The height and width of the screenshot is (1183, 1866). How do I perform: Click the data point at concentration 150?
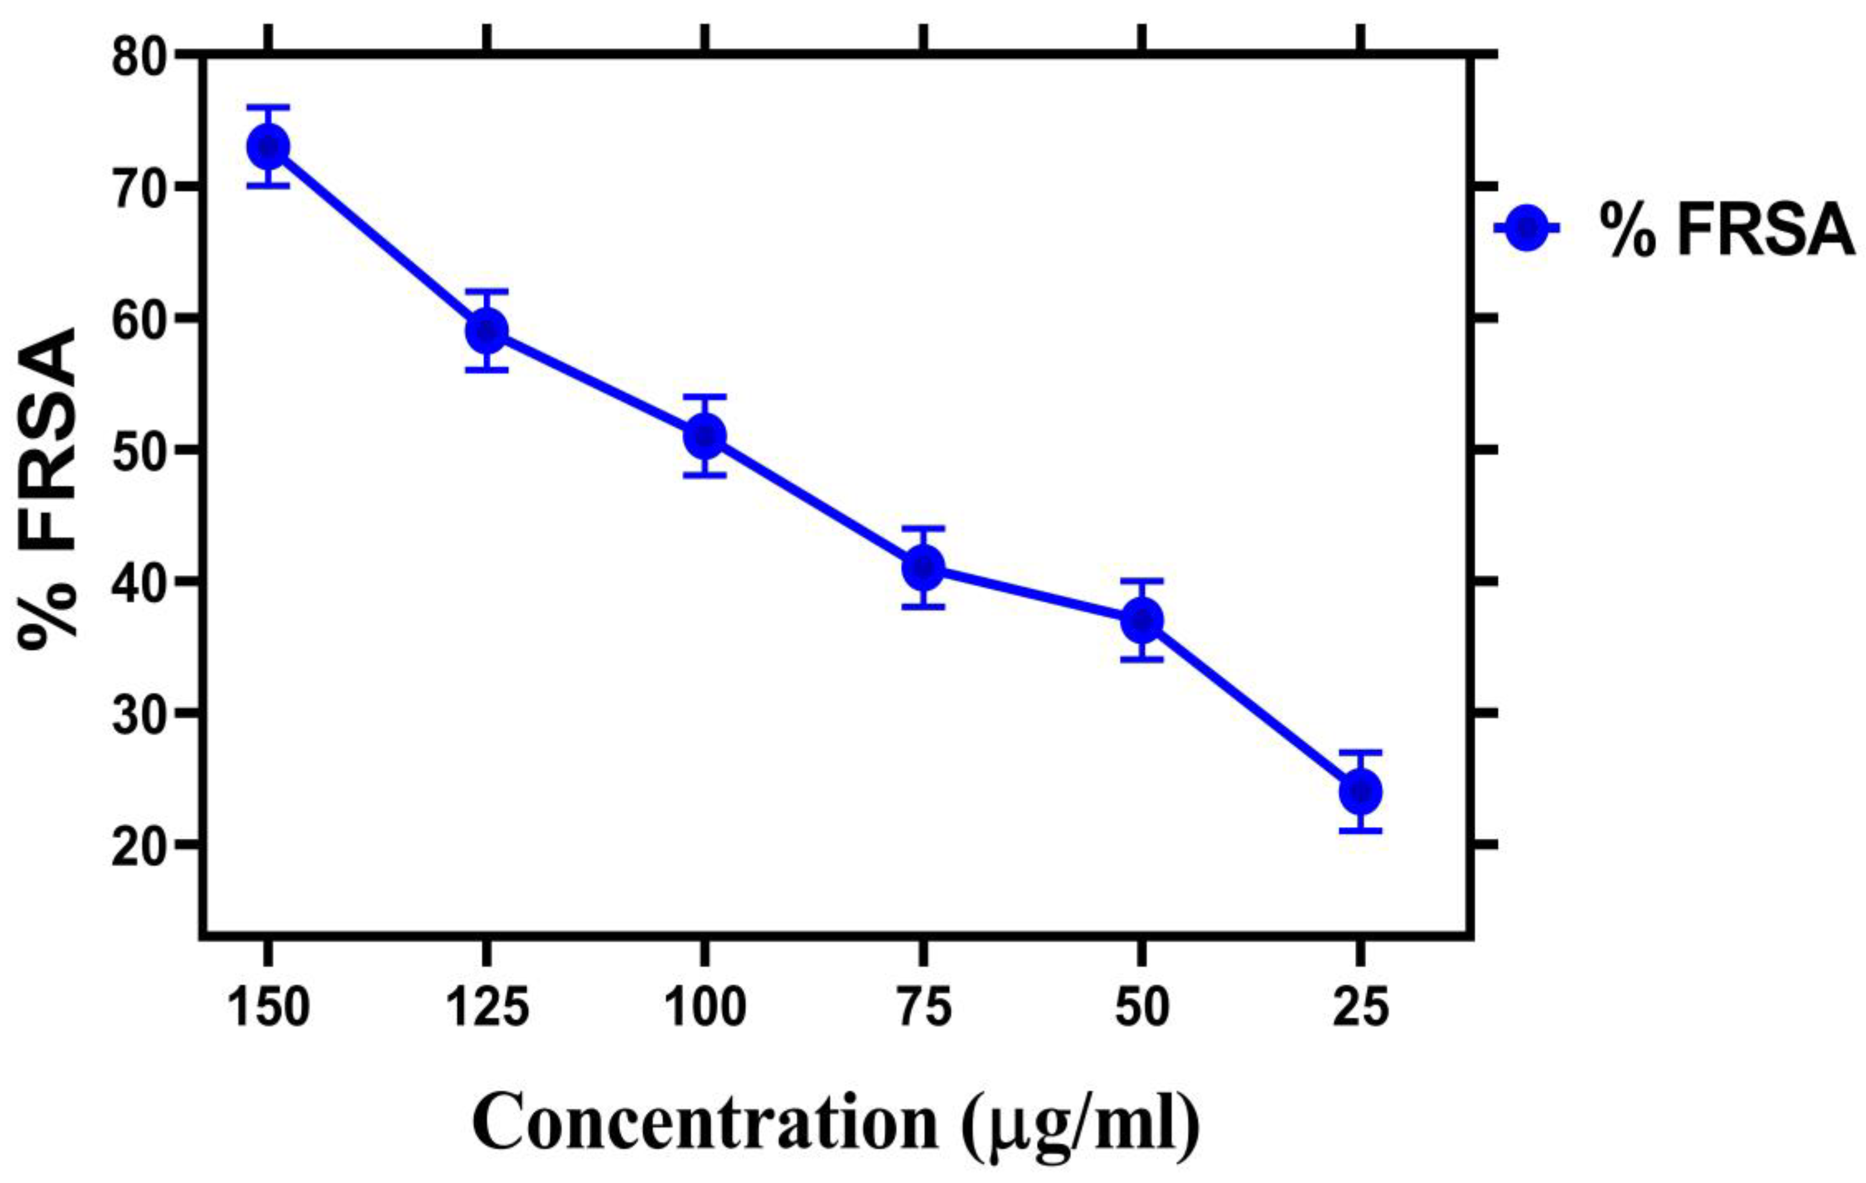point(268,146)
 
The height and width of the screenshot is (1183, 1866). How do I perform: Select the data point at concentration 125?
point(487,330)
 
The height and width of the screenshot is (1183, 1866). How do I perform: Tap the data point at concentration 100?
point(705,436)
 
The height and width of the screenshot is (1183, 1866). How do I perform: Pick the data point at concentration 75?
point(923,567)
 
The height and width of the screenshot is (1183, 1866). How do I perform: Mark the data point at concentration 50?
point(1141,620)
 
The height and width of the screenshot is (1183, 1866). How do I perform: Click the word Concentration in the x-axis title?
point(705,1123)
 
